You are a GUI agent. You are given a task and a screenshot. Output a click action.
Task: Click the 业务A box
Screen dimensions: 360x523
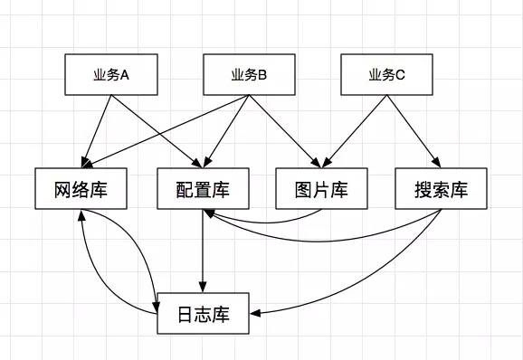pyautogui.click(x=111, y=75)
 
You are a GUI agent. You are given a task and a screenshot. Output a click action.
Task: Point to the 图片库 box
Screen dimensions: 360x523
pyautogui.click(x=322, y=190)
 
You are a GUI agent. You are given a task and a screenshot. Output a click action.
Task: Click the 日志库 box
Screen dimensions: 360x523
pyautogui.click(x=202, y=314)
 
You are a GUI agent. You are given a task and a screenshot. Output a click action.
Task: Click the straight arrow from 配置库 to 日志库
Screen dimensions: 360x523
pyautogui.click(x=202, y=253)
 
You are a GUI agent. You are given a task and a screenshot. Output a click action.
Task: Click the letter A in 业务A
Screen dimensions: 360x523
pyautogui.click(x=125, y=75)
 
